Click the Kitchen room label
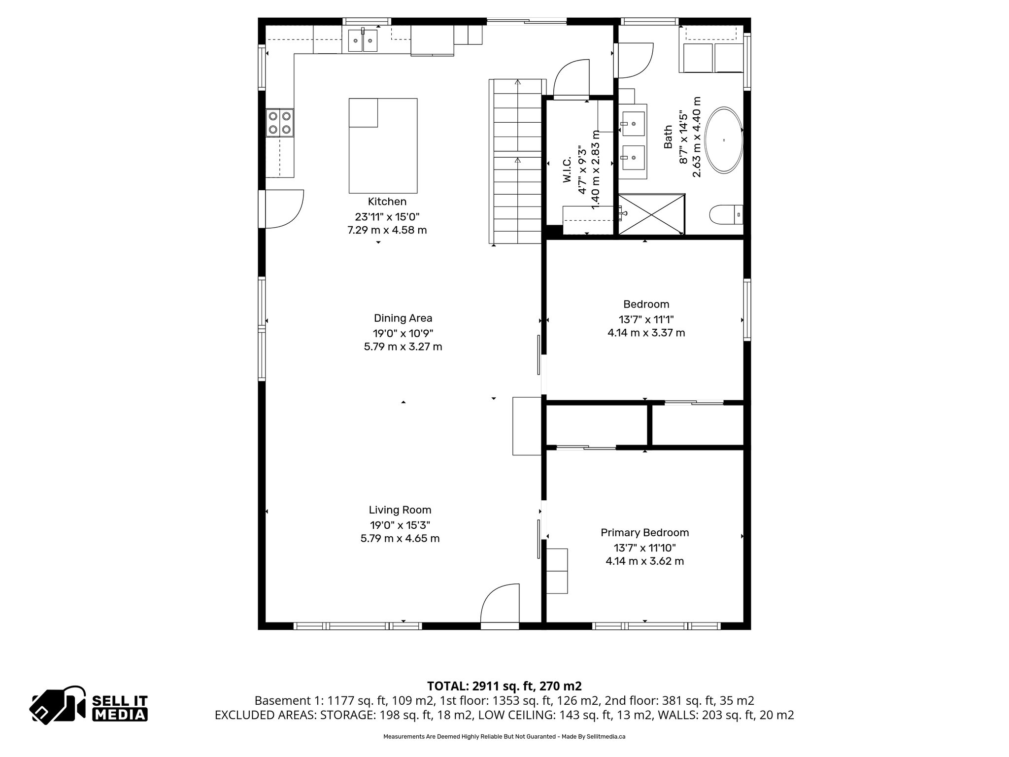coord(387,202)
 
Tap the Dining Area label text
coord(403,318)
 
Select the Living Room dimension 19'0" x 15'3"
coord(400,525)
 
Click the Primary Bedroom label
coord(644,533)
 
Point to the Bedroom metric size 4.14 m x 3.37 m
coord(646,333)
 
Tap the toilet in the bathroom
coord(726,215)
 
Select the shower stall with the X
coord(651,214)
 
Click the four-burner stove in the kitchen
coord(279,123)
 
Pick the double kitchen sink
coord(363,40)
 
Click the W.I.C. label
coord(567,171)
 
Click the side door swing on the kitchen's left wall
coord(283,209)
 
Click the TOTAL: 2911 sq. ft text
coord(504,686)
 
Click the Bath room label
coord(668,137)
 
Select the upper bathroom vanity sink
coord(633,123)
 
